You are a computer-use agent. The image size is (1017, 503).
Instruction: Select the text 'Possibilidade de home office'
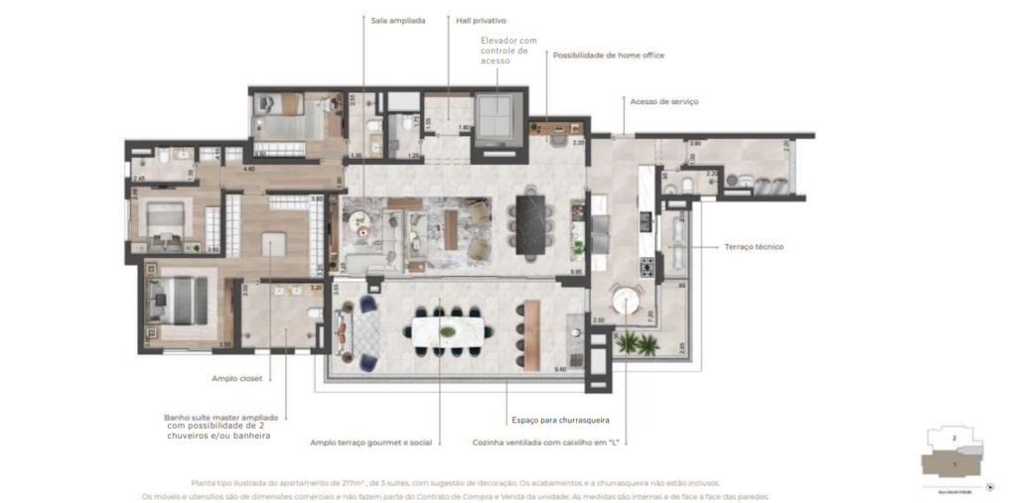(x=608, y=56)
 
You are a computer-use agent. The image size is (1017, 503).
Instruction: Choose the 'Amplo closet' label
(x=236, y=378)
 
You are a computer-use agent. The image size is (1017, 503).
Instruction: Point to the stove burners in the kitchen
(x=647, y=267)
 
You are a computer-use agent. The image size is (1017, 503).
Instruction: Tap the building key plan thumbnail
(x=954, y=455)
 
